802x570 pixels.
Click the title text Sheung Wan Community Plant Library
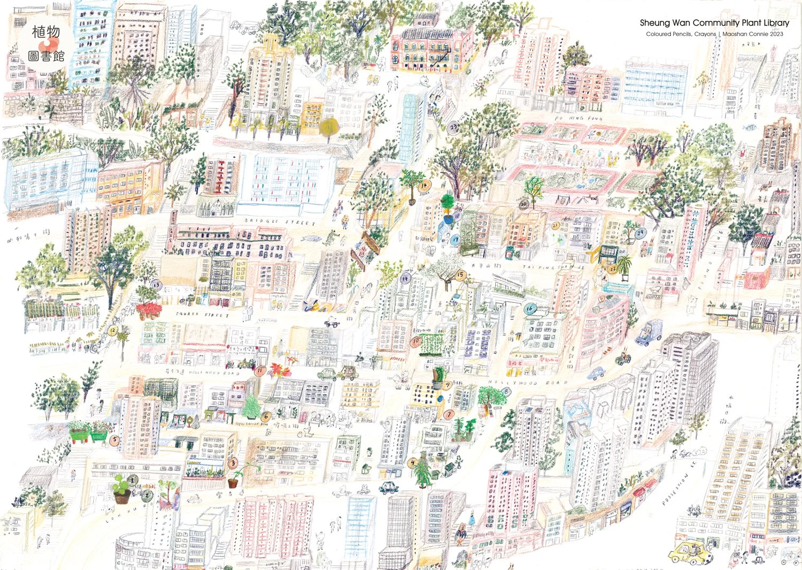click(x=714, y=23)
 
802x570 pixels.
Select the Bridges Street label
click(x=280, y=221)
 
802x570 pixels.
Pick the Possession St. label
click(x=677, y=489)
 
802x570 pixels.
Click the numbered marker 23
click(x=454, y=127)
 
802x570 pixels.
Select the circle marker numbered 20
click(x=523, y=204)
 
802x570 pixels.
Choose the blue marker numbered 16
click(x=529, y=308)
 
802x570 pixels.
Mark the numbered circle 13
click(x=156, y=285)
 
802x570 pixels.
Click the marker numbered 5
click(x=114, y=441)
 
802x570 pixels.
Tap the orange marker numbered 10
click(x=415, y=340)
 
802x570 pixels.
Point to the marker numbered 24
click(x=640, y=232)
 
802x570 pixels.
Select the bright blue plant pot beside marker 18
click(x=447, y=219)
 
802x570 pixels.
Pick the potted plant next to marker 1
click(x=121, y=490)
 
